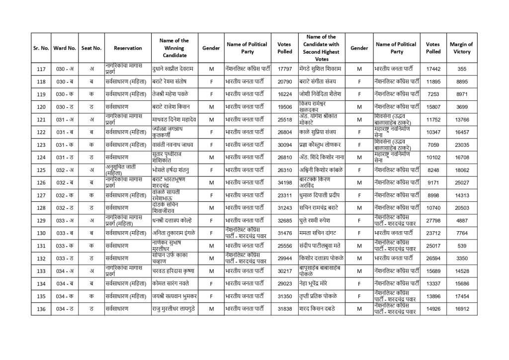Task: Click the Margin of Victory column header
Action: click(462, 48)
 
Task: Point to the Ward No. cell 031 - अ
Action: click(65, 119)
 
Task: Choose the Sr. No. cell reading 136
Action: click(41, 309)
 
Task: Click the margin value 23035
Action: click(462, 145)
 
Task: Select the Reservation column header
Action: click(128, 48)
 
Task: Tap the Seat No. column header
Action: click(91, 48)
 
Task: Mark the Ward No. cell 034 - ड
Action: click(65, 309)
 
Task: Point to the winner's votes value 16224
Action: click(285, 93)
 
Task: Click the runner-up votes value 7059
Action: click(433, 145)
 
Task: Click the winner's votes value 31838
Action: click(285, 309)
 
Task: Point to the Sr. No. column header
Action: click(41, 48)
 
